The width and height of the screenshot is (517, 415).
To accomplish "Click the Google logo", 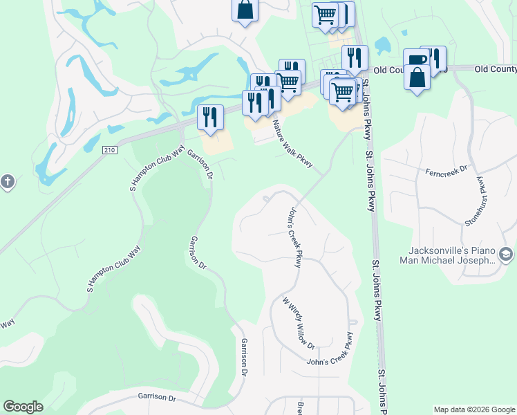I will click(x=23, y=407).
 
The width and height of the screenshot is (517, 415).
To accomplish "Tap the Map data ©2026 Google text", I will click(x=474, y=409).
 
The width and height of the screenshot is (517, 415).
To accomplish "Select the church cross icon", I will click(x=7, y=182).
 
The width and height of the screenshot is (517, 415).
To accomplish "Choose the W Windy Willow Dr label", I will click(x=299, y=323).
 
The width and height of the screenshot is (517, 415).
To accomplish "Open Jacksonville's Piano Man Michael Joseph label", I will click(x=449, y=255).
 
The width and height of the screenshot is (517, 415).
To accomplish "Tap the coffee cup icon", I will click(x=416, y=60).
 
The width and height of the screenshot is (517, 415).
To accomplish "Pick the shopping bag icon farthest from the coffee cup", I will click(x=245, y=10).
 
